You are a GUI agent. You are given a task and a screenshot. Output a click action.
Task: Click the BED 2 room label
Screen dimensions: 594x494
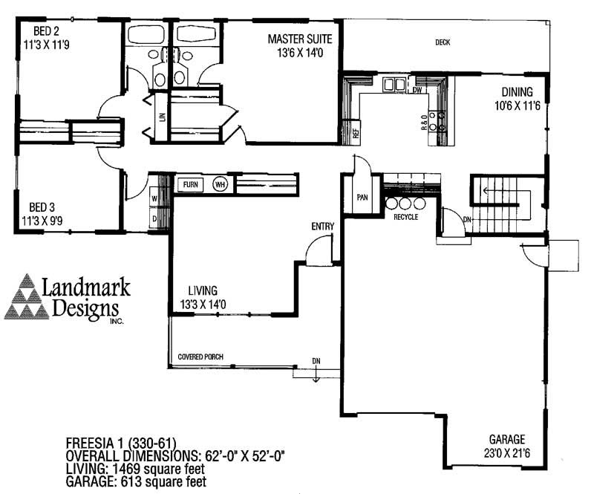click(46, 30)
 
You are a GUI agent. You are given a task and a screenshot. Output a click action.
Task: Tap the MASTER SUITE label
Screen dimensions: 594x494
click(300, 39)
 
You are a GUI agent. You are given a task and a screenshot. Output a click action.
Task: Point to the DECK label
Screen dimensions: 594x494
click(443, 42)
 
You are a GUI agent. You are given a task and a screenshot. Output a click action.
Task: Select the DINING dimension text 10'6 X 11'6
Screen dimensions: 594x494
click(517, 105)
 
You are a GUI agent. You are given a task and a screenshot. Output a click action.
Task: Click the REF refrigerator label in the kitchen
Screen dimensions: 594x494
click(356, 133)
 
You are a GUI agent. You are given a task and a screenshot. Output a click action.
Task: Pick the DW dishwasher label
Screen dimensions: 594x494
click(417, 90)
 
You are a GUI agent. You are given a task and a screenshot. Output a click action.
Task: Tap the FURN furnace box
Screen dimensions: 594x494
click(191, 185)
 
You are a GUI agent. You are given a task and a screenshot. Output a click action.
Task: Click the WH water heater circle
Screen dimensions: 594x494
click(220, 185)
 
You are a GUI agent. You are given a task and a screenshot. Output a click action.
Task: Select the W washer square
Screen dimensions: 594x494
click(154, 198)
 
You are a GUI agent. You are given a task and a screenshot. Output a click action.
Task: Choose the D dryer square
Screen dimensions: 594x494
click(154, 218)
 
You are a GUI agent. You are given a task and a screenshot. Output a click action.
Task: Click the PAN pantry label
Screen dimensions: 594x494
click(362, 197)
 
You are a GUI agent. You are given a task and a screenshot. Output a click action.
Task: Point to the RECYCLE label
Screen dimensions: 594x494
click(405, 217)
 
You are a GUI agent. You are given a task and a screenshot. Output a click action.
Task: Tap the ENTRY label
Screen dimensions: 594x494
click(323, 227)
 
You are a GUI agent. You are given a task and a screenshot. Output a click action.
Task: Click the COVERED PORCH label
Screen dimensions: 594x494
click(200, 357)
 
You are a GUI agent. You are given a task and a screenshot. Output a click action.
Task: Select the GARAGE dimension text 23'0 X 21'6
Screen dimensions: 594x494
click(507, 453)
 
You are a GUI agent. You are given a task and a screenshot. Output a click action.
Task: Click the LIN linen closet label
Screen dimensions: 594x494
click(163, 117)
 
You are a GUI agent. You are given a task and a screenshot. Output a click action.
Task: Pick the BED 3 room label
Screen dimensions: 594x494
click(42, 207)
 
